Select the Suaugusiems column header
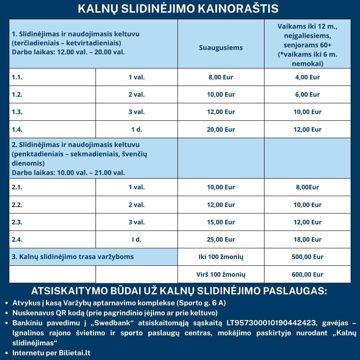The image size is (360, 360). [221, 48]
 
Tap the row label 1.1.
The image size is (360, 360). [17, 77]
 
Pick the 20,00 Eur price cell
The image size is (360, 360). [221, 129]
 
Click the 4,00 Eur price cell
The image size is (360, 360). [307, 77]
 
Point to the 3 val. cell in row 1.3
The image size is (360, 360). [137, 112]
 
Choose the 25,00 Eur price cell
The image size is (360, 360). [221, 239]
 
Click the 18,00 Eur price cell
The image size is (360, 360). [307, 239]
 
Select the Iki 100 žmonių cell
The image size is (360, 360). [221, 257]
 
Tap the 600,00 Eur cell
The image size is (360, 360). [307, 275]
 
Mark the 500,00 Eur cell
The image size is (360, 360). [307, 257]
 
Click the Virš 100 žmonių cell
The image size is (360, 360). [221, 275]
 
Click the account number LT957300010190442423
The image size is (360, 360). [271, 323]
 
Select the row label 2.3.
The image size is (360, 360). [17, 222]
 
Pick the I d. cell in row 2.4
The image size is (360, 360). [137, 239]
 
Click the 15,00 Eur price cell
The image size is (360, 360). [221, 222]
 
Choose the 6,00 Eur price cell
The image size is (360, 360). [307, 95]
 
